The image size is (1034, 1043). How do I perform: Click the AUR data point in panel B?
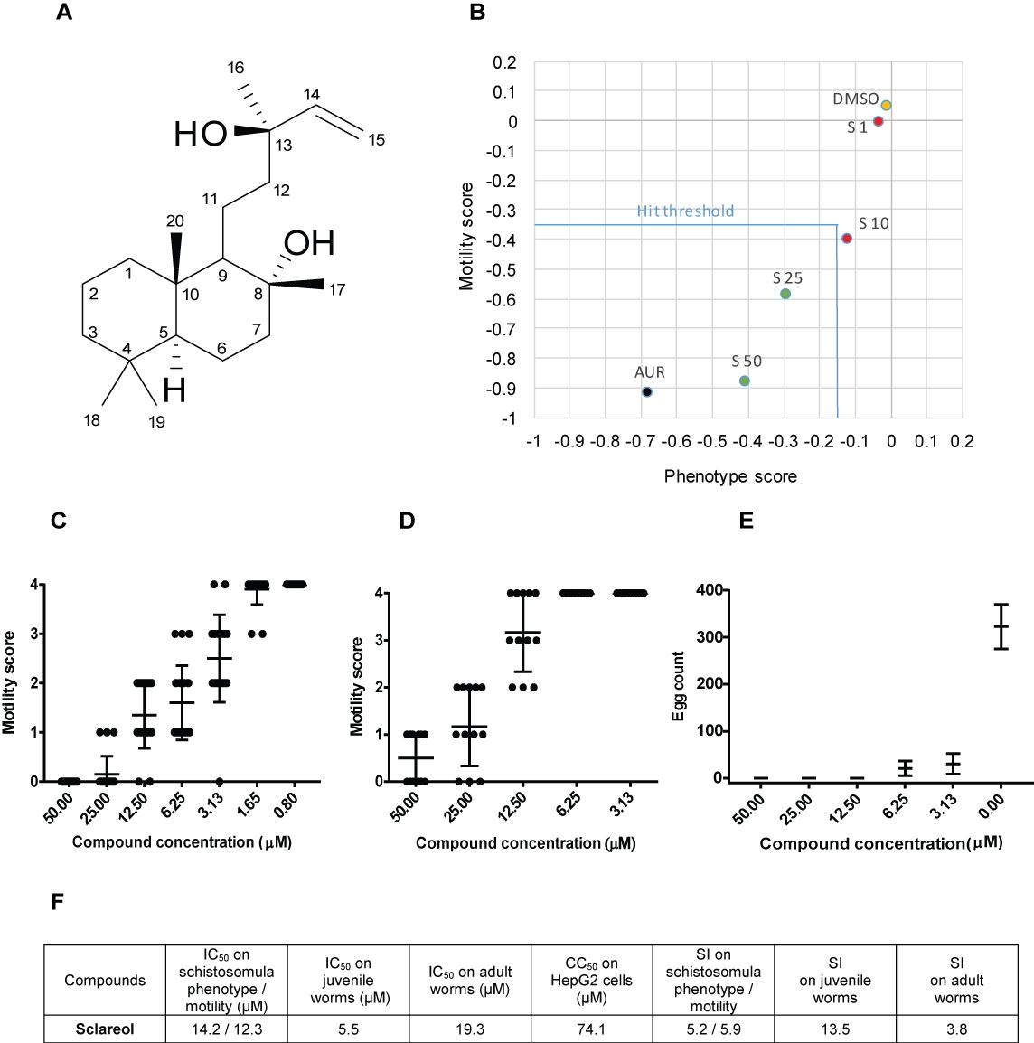[646, 391]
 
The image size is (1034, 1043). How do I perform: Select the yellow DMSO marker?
[886, 105]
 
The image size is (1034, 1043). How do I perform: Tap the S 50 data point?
[744, 381]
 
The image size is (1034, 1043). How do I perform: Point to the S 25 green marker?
[785, 294]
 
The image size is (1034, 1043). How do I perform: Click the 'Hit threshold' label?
[685, 211]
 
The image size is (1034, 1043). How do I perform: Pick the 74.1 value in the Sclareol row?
[592, 1029]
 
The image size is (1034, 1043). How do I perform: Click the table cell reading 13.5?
[834, 1029]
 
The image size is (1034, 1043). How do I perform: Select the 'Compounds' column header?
[105, 980]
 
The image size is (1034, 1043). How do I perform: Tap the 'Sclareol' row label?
[105, 1029]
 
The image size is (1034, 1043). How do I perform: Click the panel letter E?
[746, 521]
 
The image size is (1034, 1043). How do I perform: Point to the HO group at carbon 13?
[201, 135]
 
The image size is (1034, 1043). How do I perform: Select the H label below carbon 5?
[175, 390]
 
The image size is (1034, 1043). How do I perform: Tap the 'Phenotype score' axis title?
[730, 475]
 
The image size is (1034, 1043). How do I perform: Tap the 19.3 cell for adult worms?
[470, 1029]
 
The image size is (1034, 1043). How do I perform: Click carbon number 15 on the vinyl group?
[376, 140]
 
